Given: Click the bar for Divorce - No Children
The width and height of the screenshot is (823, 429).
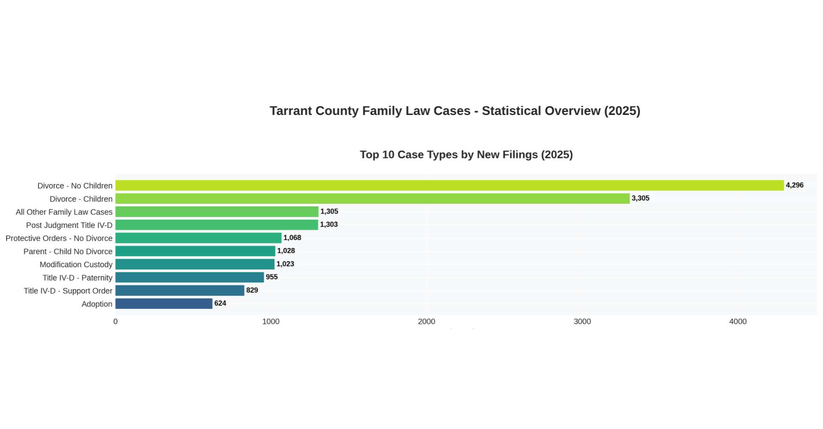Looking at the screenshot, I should point(449,185).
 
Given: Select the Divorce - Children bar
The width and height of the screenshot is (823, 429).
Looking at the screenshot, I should point(372,199).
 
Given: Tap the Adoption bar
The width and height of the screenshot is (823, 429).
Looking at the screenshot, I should point(164,304).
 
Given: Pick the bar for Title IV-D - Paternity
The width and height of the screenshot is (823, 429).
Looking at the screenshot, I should point(189,277).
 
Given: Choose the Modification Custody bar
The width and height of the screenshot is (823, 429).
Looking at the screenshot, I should point(195,264).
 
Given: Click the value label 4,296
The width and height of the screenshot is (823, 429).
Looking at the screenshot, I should point(794,185).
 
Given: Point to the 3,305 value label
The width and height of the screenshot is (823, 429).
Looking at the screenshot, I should point(640,198).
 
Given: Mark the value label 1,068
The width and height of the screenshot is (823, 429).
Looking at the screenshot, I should point(292,238).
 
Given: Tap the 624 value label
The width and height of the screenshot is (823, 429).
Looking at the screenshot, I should point(220,303).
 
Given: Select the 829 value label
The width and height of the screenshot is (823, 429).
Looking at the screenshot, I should point(252,290).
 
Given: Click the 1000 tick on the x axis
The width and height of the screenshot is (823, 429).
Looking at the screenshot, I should point(270,322).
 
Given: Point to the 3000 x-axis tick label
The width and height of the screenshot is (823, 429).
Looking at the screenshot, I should point(582,322).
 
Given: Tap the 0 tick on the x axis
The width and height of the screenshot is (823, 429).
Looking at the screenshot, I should point(115,322).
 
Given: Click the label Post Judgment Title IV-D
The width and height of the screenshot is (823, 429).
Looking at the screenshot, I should point(69,225).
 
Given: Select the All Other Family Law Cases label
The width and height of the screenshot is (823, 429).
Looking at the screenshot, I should point(64,212).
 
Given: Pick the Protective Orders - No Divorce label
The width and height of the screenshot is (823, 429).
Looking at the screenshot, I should point(59,238).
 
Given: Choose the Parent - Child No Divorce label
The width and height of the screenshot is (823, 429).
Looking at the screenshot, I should point(68,251).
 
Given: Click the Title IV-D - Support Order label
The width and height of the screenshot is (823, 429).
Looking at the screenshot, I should point(68,291).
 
